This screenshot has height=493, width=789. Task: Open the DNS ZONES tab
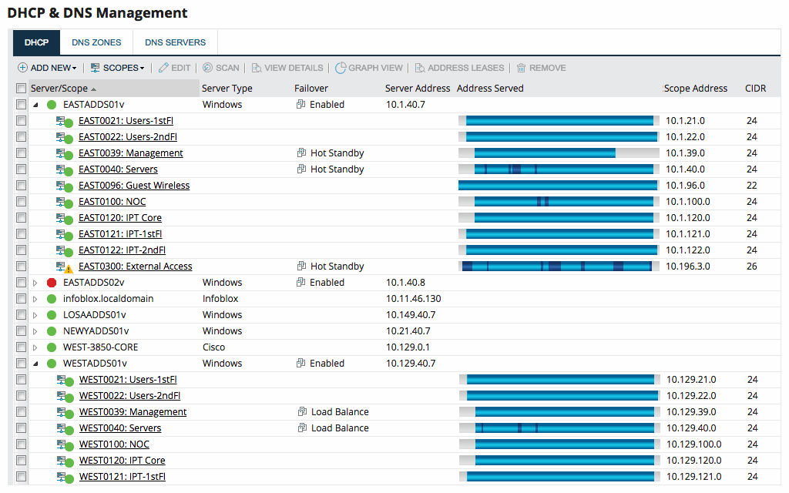click(x=96, y=42)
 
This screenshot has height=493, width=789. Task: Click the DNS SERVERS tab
click(x=175, y=42)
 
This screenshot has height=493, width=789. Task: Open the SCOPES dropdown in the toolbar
click(x=118, y=68)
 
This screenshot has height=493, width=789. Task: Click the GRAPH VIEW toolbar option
click(x=369, y=68)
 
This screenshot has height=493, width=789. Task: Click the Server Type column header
click(x=227, y=89)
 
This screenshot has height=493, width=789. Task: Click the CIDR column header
click(x=755, y=89)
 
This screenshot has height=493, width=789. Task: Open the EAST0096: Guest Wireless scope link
click(x=134, y=186)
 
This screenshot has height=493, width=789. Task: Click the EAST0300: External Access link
click(x=136, y=267)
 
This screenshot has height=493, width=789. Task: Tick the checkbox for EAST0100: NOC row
click(x=22, y=202)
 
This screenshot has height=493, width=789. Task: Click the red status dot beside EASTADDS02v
click(x=52, y=283)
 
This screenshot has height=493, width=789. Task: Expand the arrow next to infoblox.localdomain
click(x=35, y=299)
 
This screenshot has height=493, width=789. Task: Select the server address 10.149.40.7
click(x=411, y=315)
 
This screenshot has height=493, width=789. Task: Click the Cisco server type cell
click(x=213, y=347)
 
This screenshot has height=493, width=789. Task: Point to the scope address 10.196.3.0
click(x=688, y=267)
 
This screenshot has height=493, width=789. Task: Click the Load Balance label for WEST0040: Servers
click(x=340, y=428)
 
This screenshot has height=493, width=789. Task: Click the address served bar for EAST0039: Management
click(x=558, y=153)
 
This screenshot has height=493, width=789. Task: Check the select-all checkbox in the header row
click(x=22, y=89)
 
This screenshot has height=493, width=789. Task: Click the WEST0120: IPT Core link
click(x=122, y=461)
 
